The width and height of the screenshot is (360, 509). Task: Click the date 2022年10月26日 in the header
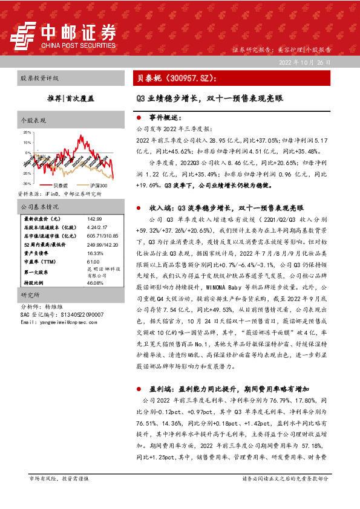[306, 63]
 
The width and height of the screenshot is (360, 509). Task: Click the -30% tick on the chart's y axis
[27, 183]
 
